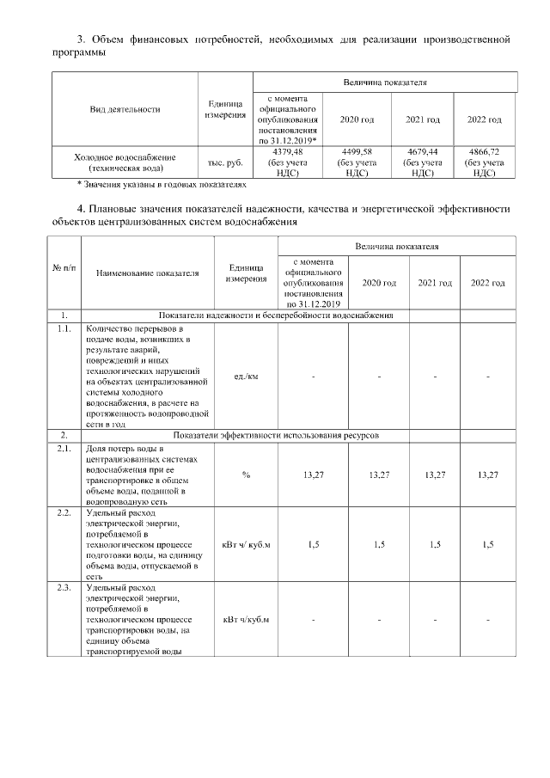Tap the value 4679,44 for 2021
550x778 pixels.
pos(422,151)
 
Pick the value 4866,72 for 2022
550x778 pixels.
pos(484,151)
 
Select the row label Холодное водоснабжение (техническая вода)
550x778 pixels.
pos(125,163)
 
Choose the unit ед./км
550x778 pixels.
pos(246,377)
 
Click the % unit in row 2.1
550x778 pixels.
pos(246,475)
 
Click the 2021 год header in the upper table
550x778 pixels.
pos(422,119)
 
